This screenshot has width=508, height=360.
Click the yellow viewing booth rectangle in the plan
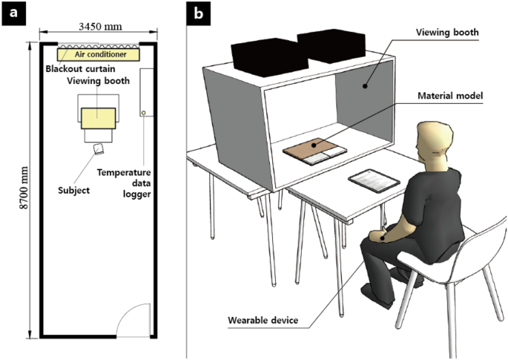coord(98,117)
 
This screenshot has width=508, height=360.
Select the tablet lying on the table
coord(370,180)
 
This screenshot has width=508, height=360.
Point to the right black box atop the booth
coord(330,45)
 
